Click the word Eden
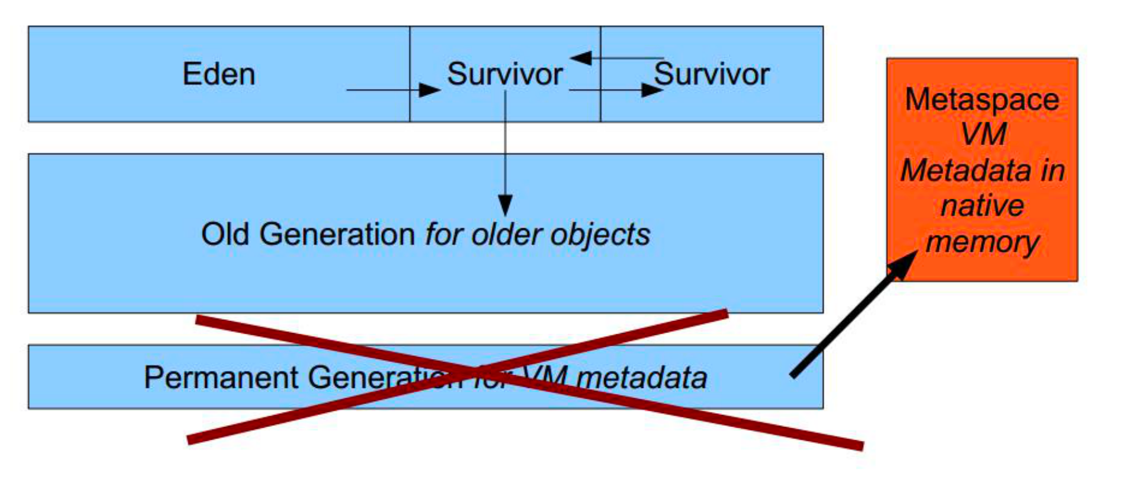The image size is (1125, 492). (218, 74)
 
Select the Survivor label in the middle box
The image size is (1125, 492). (504, 74)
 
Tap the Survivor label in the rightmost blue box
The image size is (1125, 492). (711, 74)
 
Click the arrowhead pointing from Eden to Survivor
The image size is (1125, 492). (430, 90)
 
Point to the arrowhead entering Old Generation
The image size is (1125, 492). (505, 206)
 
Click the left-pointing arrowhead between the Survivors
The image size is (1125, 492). (580, 58)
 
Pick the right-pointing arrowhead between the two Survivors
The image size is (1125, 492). (652, 90)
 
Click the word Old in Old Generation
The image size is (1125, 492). (224, 234)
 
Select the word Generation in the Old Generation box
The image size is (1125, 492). (336, 234)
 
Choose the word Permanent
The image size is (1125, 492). (221, 377)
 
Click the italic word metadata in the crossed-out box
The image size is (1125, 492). (641, 378)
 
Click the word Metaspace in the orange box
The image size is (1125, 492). (982, 100)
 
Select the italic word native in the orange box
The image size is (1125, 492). (982, 206)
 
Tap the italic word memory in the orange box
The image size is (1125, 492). (982, 242)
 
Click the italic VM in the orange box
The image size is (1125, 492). (982, 134)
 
